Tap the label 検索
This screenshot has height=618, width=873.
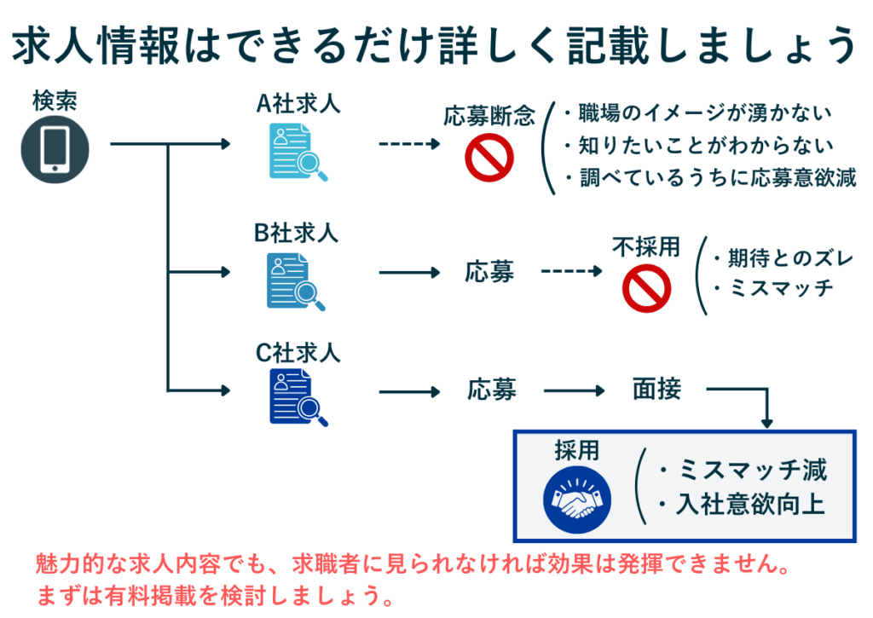coord(55,101)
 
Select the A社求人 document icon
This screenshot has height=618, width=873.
coord(298,151)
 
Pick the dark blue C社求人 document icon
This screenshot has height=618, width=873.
coord(298,397)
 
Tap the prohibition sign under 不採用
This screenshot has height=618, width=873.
coord(646,287)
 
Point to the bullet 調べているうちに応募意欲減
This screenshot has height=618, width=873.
coord(717,177)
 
